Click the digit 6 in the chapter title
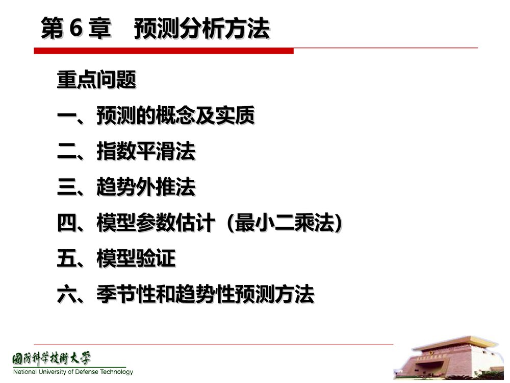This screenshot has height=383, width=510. coord(75,29)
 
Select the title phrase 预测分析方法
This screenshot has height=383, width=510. coord(202,29)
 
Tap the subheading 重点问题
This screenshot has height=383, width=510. coord(96,81)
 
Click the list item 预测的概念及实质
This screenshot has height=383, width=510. coord(175,116)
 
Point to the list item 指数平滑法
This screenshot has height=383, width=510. coord(146,152)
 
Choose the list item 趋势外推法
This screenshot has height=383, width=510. coord(146,188)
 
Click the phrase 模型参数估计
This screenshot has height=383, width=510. coord(156,224)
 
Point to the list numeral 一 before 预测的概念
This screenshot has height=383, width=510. coord(66,117)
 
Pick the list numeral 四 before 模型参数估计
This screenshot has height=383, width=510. coord(66,224)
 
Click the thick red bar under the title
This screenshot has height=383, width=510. coord(164,51)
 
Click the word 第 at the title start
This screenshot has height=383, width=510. coord(52,29)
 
